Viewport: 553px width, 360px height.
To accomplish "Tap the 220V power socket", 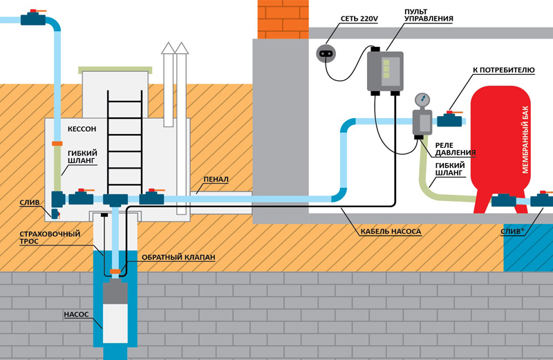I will pyautogui.click(x=325, y=53).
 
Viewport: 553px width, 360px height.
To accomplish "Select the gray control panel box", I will pyautogui.click(x=385, y=70).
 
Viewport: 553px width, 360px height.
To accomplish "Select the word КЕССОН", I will pyautogui.click(x=82, y=129).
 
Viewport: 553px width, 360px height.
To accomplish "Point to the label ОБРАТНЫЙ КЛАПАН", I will pyautogui.click(x=175, y=257).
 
